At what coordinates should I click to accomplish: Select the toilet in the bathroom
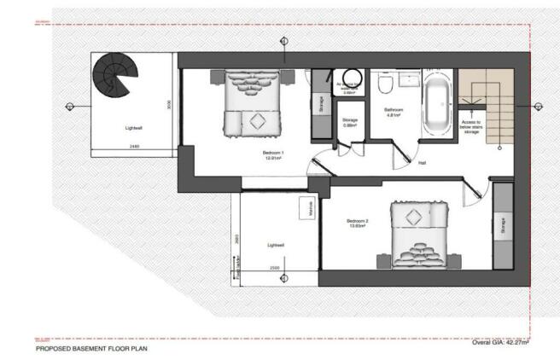386,85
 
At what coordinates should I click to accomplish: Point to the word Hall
423,163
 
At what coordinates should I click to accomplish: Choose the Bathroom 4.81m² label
393,113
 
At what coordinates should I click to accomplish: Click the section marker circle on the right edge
538,106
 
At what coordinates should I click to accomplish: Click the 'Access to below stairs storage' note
471,127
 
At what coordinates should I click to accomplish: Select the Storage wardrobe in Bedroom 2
502,225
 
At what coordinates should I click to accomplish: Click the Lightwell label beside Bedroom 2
275,245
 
